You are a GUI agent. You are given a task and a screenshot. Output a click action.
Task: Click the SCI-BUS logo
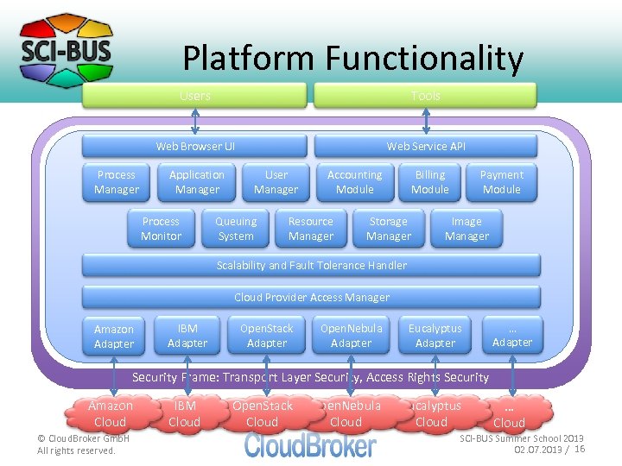pyautogui.click(x=66, y=51)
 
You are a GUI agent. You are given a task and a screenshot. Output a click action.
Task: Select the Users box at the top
pyautogui.click(x=194, y=95)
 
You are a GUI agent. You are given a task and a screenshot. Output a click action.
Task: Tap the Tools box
pyautogui.click(x=424, y=95)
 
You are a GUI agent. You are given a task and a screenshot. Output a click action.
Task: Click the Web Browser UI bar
pyautogui.click(x=194, y=146)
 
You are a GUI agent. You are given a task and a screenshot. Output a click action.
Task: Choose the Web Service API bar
pyautogui.click(x=425, y=146)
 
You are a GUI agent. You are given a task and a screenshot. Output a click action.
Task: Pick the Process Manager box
pyautogui.click(x=117, y=182)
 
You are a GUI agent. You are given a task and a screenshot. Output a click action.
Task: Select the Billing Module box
pyautogui.click(x=429, y=182)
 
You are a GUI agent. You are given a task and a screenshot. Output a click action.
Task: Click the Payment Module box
pyautogui.click(x=501, y=182)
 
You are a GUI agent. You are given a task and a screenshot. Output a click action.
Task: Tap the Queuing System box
pyautogui.click(x=236, y=229)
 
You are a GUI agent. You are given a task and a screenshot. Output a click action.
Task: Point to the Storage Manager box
pyautogui.click(x=389, y=229)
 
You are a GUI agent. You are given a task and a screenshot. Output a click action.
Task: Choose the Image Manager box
pyautogui.click(x=466, y=229)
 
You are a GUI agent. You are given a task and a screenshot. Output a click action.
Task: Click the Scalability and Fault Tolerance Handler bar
pyautogui.click(x=311, y=265)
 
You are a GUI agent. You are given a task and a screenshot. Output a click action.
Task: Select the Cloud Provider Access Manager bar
pyautogui.click(x=311, y=297)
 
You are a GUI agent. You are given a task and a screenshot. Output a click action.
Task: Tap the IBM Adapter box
pyautogui.click(x=187, y=336)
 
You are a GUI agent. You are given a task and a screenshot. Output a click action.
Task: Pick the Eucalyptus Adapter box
pyautogui.click(x=435, y=336)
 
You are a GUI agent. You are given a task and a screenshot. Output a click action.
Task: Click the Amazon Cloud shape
pyautogui.click(x=111, y=413)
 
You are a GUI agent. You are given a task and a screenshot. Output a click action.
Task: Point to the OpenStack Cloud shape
pyautogui.click(x=263, y=413)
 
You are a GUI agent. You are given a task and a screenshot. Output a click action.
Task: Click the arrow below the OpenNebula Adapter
pyautogui.click(x=349, y=372)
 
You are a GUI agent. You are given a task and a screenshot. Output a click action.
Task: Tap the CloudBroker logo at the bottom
pyautogui.click(x=311, y=444)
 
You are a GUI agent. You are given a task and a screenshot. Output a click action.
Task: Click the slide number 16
pyautogui.click(x=580, y=449)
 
